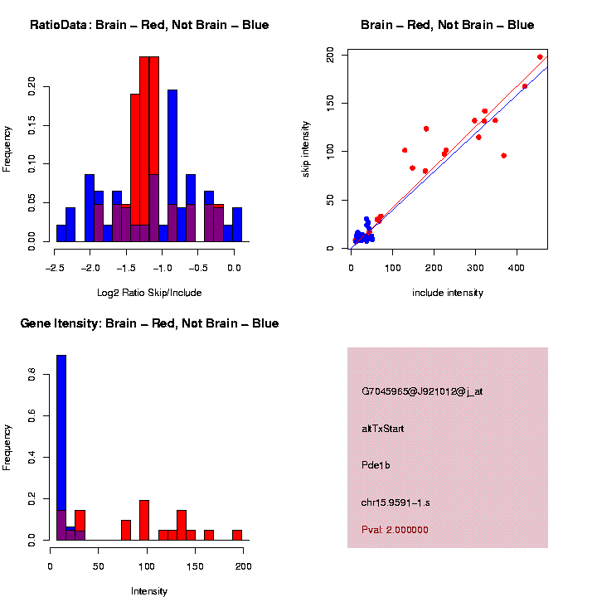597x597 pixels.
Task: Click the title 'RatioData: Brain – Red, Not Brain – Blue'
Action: [149, 25]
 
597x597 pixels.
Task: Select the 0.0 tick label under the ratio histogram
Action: [234, 268]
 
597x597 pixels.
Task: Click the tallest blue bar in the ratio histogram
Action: [172, 166]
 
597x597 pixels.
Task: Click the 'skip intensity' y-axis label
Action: [306, 148]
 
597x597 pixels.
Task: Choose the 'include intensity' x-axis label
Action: [447, 292]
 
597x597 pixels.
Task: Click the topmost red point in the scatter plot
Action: [540, 57]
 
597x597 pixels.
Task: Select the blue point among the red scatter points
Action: [524, 86]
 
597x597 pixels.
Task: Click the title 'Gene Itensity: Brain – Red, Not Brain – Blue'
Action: [149, 323]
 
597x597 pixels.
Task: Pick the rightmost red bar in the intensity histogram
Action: [237, 535]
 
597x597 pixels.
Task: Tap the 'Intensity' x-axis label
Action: [149, 591]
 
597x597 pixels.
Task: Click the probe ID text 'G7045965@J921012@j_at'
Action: [422, 391]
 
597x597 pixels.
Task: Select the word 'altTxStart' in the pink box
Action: [383, 429]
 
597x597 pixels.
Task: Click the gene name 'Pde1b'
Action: [376, 465]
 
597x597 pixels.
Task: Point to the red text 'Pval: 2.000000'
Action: [396, 529]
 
